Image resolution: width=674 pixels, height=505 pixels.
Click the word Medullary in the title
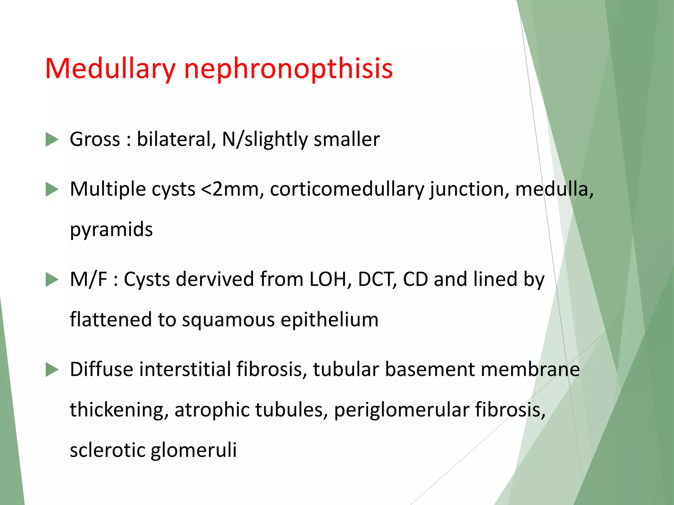point(110,69)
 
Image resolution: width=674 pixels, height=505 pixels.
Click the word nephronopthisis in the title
point(288,69)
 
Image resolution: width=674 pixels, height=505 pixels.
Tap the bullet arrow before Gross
point(52,139)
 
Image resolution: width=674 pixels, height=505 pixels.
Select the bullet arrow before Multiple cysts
point(52,190)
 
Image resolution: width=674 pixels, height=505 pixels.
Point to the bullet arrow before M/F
point(52,280)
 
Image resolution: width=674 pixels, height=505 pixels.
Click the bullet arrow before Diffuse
point(52,370)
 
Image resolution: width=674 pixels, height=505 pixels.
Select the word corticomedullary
point(347,190)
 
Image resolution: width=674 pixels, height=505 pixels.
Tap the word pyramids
point(111,229)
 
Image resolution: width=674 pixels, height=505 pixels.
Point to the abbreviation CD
point(415,280)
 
